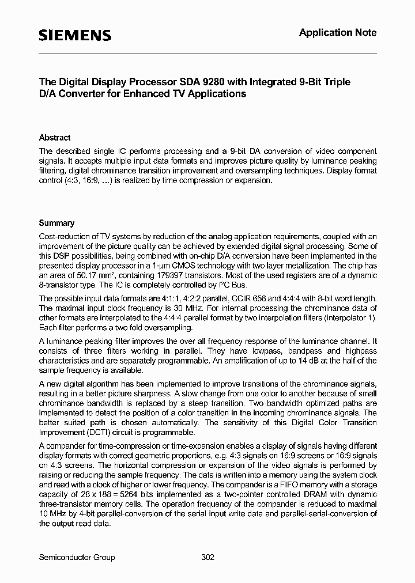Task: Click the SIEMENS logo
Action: [75, 36]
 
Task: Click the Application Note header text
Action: [338, 33]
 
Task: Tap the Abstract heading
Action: [55, 138]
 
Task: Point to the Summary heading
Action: [56, 223]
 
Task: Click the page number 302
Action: [208, 557]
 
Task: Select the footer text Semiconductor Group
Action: [77, 557]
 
